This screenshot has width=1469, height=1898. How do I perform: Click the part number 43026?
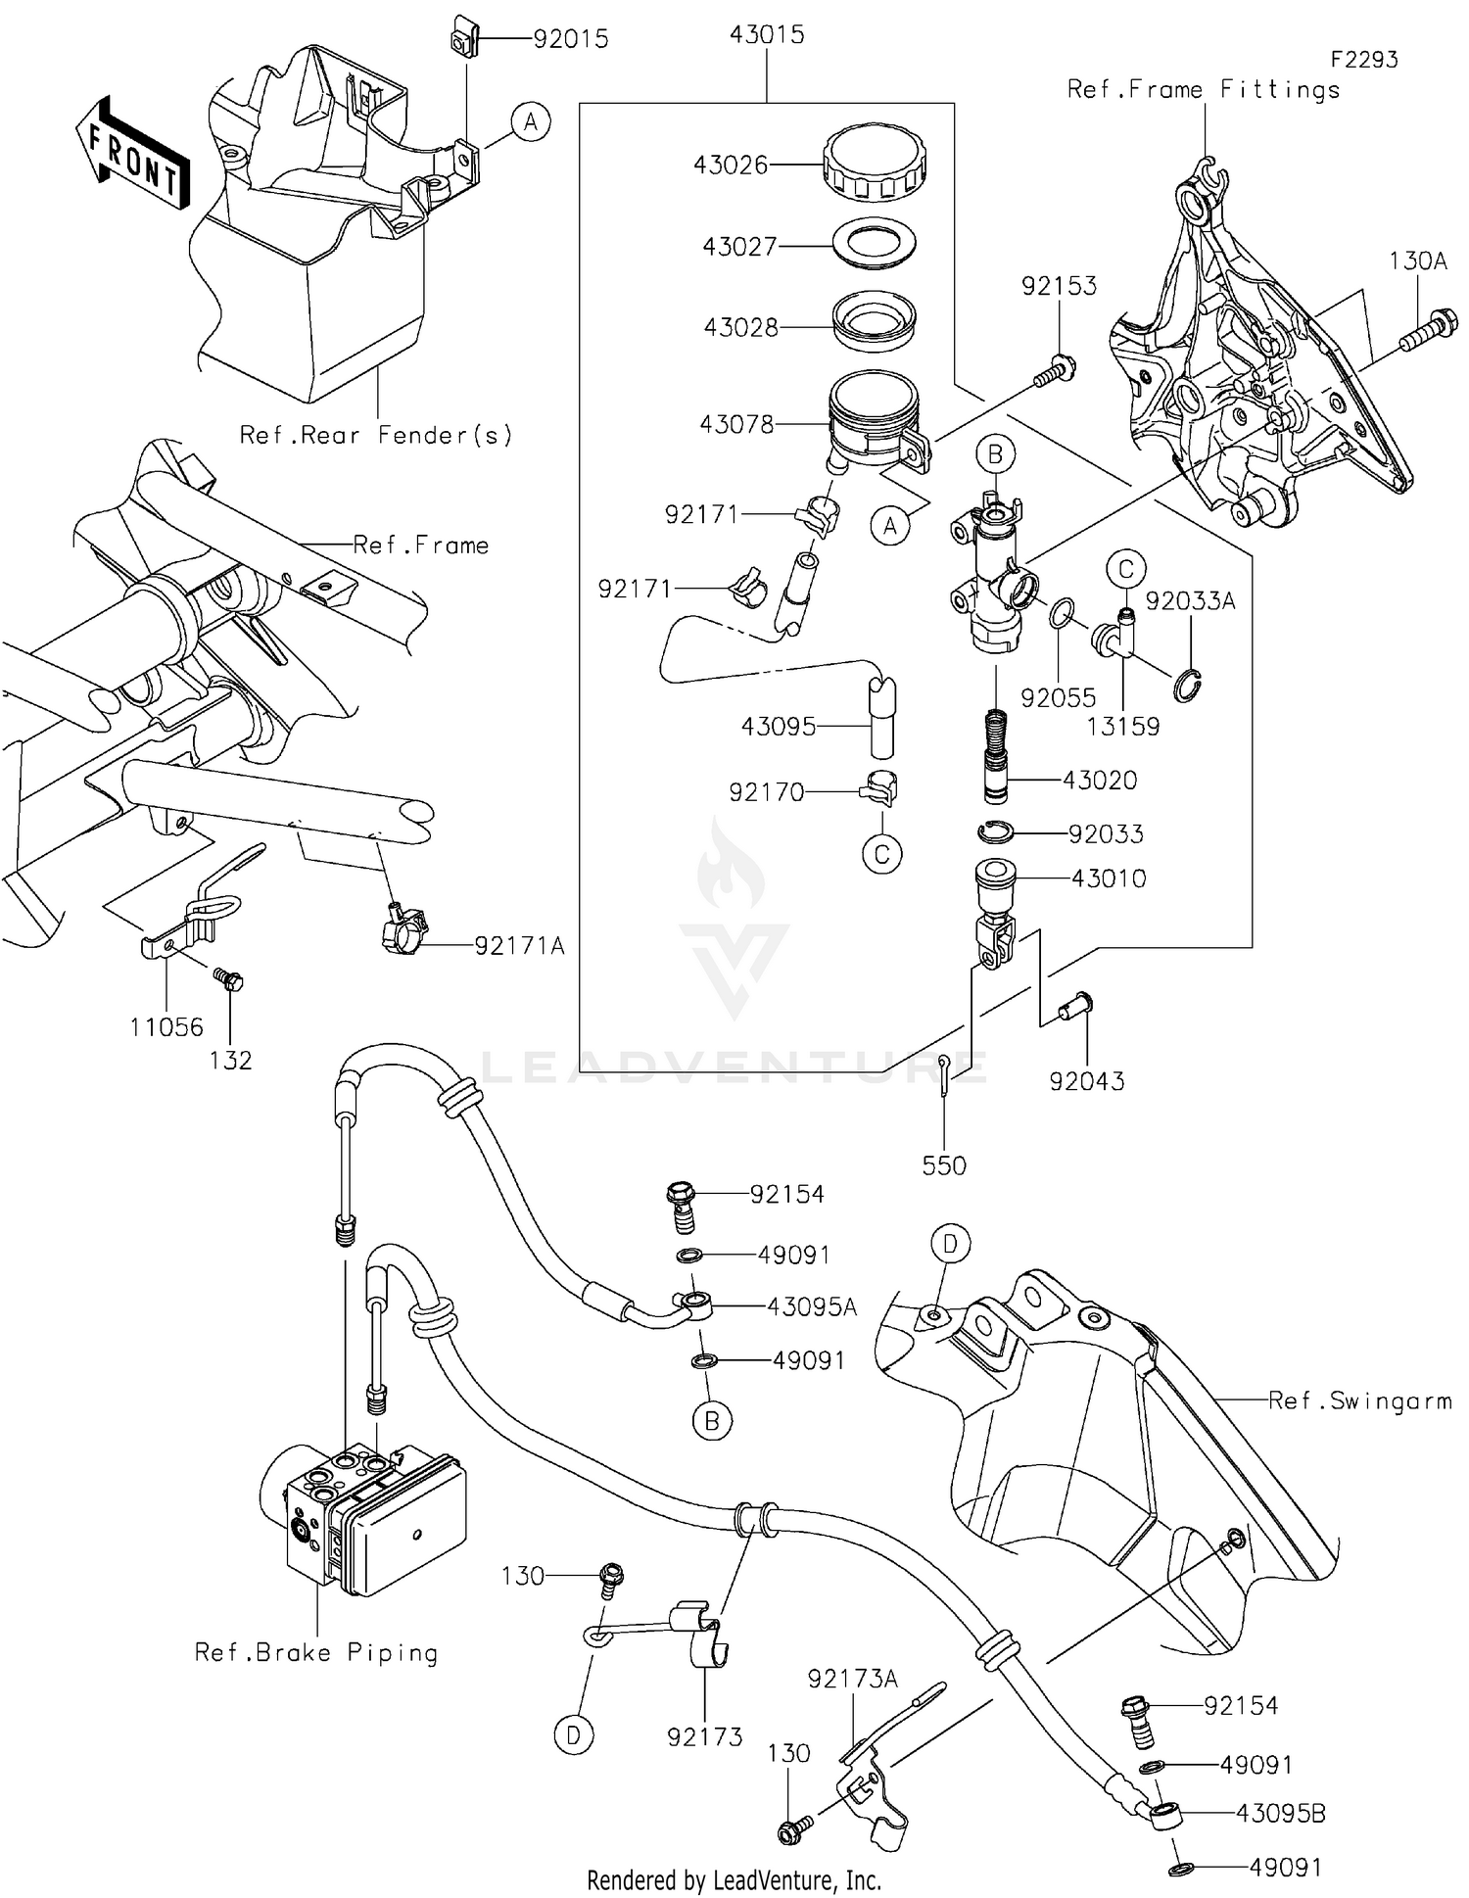tap(731, 165)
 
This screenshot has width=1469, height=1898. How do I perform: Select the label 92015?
tap(570, 39)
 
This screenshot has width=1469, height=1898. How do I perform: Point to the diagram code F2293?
tap(1363, 60)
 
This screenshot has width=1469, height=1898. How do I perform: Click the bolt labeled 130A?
tap(1428, 330)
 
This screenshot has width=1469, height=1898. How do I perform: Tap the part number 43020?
tap(1100, 781)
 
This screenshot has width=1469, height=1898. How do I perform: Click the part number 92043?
tap(1086, 1081)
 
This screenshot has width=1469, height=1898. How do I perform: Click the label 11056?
tap(166, 1027)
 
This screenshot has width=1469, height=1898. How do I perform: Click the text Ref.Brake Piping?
tap(315, 1653)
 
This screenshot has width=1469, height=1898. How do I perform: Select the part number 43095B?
tap(1280, 1814)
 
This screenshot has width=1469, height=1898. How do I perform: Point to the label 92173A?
tap(852, 1679)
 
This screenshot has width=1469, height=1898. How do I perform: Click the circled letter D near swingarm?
tap(949, 1244)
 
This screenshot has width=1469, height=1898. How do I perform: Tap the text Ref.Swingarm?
tap(1359, 1401)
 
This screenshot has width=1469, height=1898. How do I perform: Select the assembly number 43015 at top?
tap(767, 34)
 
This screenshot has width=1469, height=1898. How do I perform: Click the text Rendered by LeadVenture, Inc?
tap(734, 1879)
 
